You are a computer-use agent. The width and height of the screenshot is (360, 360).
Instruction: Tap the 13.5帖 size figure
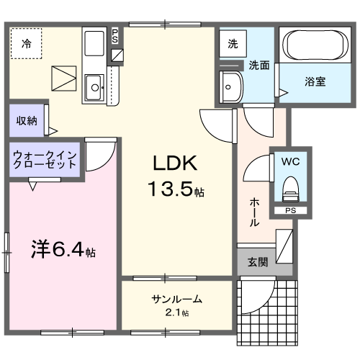[176, 190]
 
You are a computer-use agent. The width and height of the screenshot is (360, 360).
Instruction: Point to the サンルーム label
[176, 300]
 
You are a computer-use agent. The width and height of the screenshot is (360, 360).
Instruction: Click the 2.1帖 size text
[176, 313]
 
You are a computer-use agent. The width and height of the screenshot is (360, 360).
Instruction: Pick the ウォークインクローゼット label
[45, 158]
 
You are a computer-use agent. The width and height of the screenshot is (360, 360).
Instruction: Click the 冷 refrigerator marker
[26, 42]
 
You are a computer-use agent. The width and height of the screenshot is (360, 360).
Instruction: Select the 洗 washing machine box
[233, 44]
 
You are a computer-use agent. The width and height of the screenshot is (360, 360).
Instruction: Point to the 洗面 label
[259, 66]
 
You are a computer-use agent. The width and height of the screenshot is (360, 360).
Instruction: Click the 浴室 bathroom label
[314, 81]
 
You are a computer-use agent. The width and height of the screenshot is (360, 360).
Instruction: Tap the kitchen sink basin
[94, 89]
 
